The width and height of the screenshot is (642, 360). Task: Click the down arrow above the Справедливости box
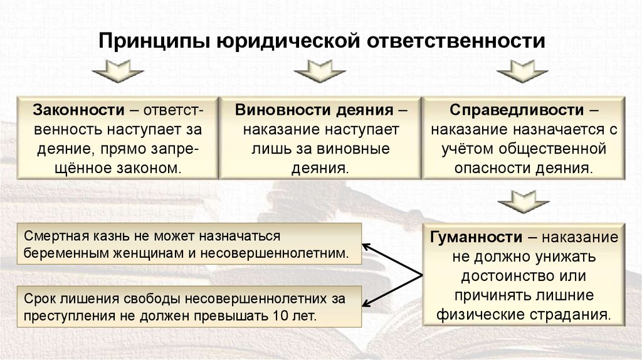pos(524,71)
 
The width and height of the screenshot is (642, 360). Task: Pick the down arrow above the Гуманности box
pos(524,203)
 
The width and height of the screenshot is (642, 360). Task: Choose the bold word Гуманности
pos(476,238)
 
